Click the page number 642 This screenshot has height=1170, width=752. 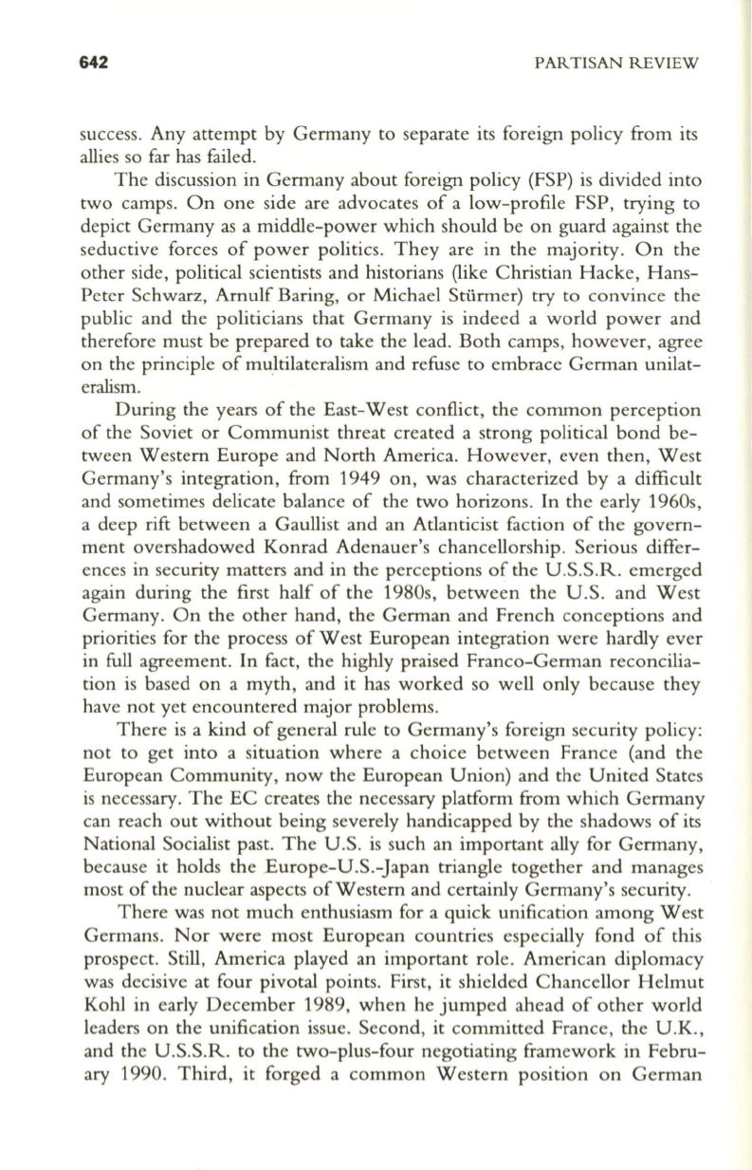[95, 63]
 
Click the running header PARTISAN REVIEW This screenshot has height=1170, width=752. [616, 64]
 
